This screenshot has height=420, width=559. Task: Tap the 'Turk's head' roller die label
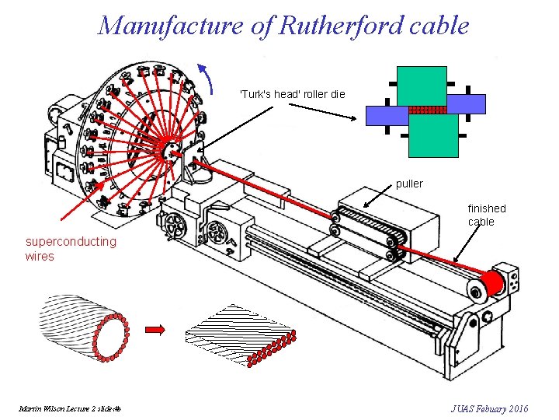[x=292, y=94]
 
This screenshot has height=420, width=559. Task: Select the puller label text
[x=409, y=184]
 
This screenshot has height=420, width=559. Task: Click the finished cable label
[x=486, y=215]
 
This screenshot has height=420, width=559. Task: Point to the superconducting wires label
[x=71, y=248]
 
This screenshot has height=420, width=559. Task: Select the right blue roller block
[x=466, y=104]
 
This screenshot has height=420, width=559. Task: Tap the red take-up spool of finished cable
[x=489, y=284]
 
